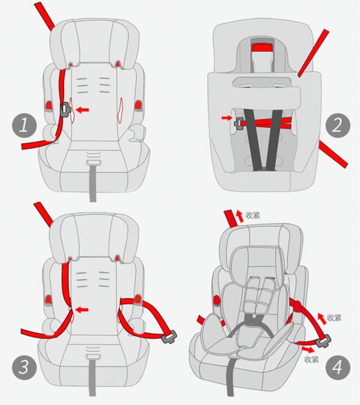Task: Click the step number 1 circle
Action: (24, 125)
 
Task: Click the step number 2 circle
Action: (337, 126)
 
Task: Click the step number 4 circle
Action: (337, 367)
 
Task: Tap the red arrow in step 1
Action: (83, 110)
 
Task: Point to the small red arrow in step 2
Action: (227, 118)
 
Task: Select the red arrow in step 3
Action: (83, 309)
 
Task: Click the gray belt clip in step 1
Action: (65, 109)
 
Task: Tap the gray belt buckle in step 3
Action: (169, 337)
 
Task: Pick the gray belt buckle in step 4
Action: (323, 341)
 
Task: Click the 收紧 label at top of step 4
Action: (253, 215)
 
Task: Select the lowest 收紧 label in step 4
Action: (312, 359)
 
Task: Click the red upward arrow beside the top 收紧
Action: (240, 217)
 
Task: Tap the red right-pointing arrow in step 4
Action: (308, 350)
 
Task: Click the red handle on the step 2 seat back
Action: (262, 47)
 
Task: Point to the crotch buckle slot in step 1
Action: (93, 163)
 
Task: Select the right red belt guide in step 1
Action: (138, 105)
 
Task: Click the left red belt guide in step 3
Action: (48, 300)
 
